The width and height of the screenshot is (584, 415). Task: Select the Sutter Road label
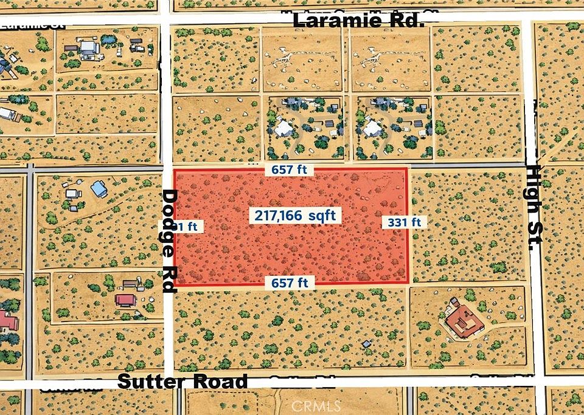point(182,382)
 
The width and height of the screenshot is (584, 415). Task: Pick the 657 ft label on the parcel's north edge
point(290,171)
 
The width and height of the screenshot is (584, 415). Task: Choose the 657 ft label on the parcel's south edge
point(290,283)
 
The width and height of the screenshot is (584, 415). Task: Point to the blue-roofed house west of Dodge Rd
point(99,190)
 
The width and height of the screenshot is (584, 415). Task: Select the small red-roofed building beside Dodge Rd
point(125,300)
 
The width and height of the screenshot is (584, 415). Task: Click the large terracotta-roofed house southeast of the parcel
point(464,320)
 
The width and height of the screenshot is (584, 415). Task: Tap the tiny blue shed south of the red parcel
point(366,344)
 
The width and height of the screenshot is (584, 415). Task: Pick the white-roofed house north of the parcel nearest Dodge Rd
point(283,128)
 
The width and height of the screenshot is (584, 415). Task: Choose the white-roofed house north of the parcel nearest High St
point(372,128)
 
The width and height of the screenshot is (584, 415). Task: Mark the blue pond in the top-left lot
point(108,40)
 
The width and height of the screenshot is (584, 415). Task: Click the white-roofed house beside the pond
point(88,47)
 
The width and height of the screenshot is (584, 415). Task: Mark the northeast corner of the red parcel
point(406,170)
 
